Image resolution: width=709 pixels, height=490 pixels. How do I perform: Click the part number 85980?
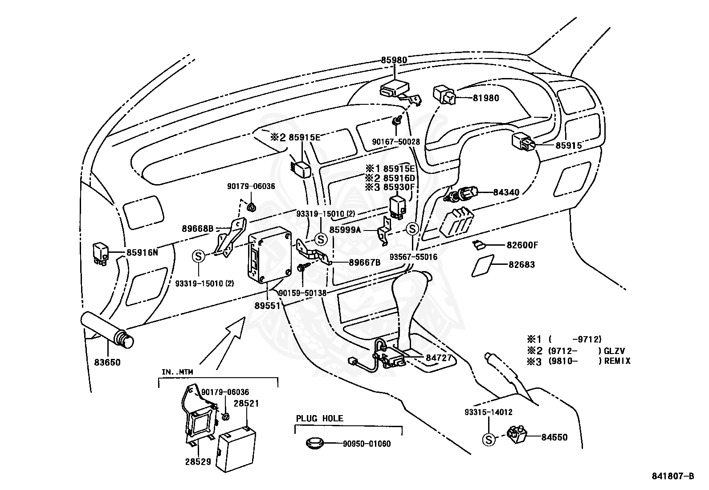click(394, 60)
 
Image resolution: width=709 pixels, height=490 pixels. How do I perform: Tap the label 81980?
click(486, 98)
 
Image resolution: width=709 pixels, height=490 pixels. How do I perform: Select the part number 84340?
click(506, 192)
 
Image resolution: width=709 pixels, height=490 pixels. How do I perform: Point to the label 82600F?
click(522, 245)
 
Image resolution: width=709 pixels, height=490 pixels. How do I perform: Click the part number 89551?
click(268, 305)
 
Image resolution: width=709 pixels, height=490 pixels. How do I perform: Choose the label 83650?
click(107, 362)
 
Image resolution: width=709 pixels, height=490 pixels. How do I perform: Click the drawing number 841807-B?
click(672, 476)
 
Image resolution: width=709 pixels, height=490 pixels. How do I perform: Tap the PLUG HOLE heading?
click(319, 418)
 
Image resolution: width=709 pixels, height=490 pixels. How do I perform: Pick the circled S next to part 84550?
click(489, 440)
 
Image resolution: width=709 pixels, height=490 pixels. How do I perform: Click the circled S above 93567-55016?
click(412, 229)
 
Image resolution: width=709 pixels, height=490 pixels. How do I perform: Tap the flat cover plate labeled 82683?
click(483, 266)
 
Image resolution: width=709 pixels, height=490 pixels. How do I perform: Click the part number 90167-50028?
click(396, 142)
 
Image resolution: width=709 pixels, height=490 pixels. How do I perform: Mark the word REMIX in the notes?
click(617, 361)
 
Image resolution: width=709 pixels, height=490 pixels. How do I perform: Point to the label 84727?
click(439, 358)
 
